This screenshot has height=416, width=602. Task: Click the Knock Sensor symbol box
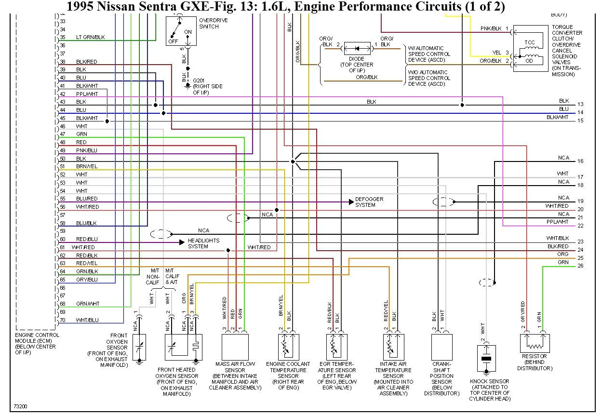point(486,358)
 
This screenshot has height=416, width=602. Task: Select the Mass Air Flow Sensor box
point(235,347)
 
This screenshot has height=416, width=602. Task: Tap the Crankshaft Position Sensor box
point(441,347)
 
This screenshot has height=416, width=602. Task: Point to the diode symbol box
point(357,49)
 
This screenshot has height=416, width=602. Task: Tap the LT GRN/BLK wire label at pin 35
point(90,37)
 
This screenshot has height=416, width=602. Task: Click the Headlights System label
point(203,243)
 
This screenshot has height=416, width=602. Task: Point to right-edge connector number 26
point(580,266)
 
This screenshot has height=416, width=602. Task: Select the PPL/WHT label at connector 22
point(557,222)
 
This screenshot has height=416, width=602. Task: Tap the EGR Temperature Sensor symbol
point(336,347)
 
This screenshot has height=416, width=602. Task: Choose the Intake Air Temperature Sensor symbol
point(393,347)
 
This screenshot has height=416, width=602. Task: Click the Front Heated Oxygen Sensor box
point(183,347)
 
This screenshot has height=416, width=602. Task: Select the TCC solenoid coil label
point(529,42)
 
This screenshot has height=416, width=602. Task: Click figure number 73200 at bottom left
point(20,406)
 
